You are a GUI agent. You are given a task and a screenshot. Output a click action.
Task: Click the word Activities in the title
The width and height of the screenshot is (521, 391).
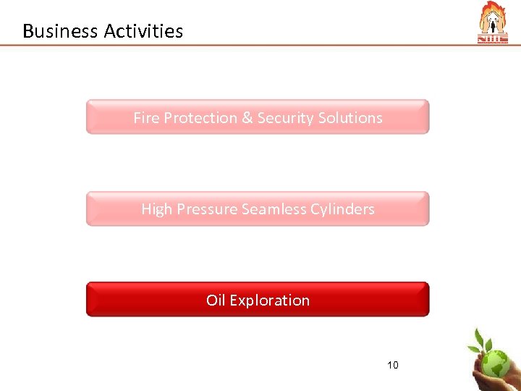point(143,31)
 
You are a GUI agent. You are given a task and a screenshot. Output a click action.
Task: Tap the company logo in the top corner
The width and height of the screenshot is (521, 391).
point(494,23)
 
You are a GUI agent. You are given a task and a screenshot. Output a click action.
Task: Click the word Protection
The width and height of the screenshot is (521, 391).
point(200,117)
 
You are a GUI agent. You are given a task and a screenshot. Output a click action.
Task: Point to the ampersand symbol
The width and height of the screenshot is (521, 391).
point(247,117)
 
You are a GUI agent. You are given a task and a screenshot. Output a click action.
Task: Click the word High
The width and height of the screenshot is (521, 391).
point(157,209)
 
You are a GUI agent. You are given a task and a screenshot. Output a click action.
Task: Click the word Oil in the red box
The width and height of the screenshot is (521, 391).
point(216,300)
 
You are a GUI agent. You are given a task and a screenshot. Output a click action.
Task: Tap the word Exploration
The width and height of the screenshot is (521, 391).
point(269,300)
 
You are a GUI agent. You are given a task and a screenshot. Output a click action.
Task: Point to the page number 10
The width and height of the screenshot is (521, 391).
point(392,364)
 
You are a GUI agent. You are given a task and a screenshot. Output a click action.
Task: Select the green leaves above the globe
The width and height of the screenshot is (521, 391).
point(483,340)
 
